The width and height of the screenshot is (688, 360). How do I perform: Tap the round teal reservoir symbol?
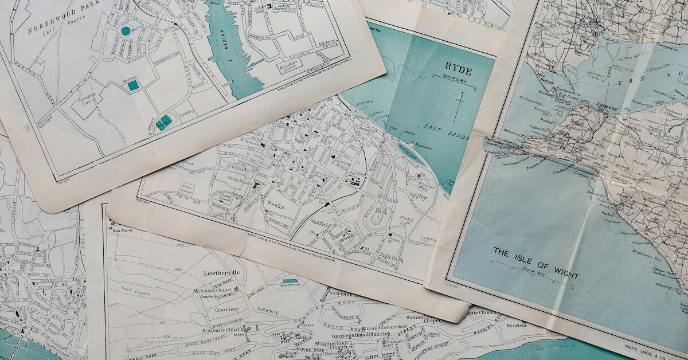126,30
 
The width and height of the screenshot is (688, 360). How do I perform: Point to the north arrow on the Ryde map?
458,107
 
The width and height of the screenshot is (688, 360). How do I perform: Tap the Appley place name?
417,195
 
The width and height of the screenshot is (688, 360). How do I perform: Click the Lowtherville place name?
221,273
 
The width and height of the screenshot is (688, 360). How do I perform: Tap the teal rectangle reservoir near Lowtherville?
290,281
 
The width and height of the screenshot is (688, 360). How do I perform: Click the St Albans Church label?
222,330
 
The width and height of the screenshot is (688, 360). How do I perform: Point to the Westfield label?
516,325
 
